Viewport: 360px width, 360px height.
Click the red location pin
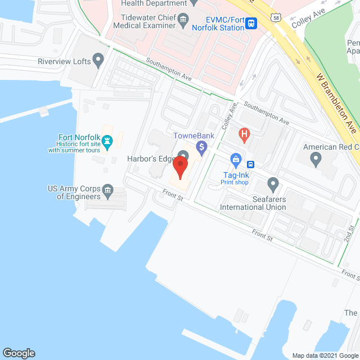click(x=180, y=168)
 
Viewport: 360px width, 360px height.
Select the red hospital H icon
click(x=244, y=134)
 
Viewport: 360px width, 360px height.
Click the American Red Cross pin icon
click(x=316, y=159)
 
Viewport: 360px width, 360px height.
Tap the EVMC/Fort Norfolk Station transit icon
click(x=251, y=24)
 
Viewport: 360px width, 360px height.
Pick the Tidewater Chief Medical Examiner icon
click(x=183, y=22)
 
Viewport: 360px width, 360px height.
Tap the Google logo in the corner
click(x=18, y=353)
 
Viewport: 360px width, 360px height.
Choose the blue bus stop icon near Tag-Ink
click(x=250, y=164)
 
